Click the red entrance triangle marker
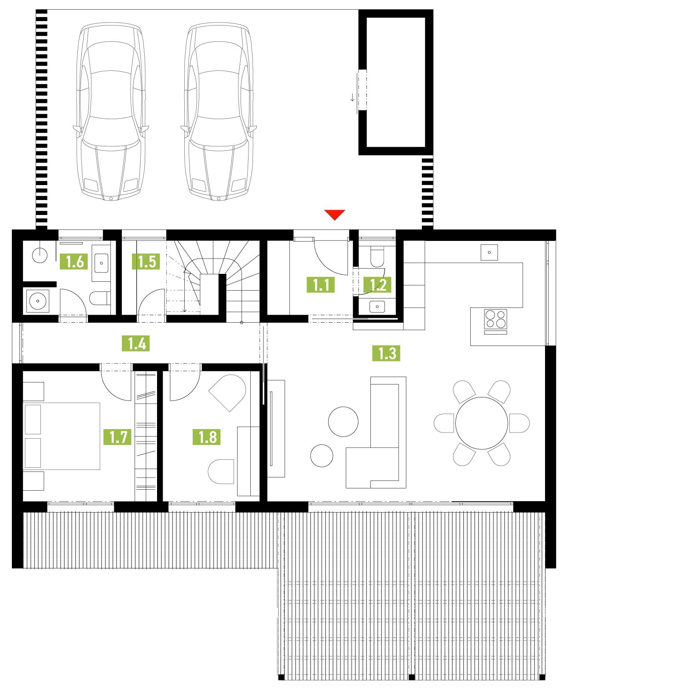(x=335, y=215)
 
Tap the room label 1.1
(x=321, y=285)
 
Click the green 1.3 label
(x=386, y=353)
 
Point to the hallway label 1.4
(x=136, y=343)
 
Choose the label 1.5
(x=146, y=262)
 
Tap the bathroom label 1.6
(x=74, y=262)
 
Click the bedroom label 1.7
(x=117, y=437)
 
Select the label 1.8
(x=207, y=437)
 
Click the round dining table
(x=482, y=423)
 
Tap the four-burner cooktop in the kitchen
(x=495, y=319)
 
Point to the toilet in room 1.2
(x=377, y=256)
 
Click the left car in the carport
(x=111, y=112)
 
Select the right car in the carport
(x=219, y=112)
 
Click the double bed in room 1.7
(x=62, y=436)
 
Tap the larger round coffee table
(x=343, y=421)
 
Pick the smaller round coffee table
(x=322, y=455)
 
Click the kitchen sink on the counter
(x=489, y=252)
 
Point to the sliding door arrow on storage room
(x=352, y=97)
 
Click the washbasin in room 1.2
(x=377, y=306)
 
